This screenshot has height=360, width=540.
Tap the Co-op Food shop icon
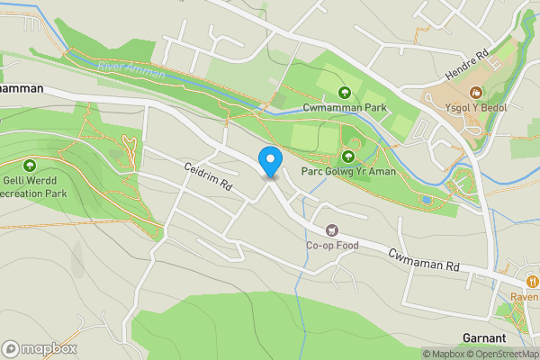click(x=332, y=231)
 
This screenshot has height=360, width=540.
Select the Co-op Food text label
click(x=332, y=246)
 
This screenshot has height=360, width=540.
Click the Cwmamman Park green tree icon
click(x=343, y=92)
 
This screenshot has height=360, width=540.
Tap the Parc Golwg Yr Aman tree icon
click(x=348, y=156)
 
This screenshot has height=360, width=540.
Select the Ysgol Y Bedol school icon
click(x=475, y=92)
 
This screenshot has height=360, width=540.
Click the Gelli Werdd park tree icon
click(x=30, y=166)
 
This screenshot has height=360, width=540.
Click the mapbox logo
click(x=39, y=348)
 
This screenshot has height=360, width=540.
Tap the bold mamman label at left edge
click(x=22, y=88)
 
